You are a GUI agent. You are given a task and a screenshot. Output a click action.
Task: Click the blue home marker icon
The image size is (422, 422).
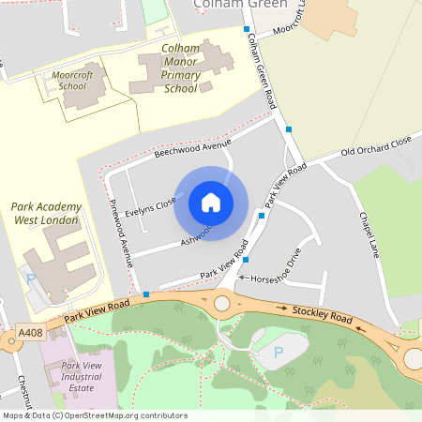(x=211, y=202)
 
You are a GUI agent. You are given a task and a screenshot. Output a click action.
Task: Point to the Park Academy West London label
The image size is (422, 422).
(x=47, y=213)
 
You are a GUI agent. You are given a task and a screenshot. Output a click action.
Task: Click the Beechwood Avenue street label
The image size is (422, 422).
(x=192, y=147)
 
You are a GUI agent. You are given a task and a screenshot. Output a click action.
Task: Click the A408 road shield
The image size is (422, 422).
(x=31, y=333)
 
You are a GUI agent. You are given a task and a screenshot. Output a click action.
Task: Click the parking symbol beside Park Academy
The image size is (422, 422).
(x=30, y=279)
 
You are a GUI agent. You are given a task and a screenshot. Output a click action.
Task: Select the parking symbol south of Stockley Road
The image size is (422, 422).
(x=277, y=353)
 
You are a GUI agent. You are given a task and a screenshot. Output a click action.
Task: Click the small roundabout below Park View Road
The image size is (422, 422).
(x=223, y=303)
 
